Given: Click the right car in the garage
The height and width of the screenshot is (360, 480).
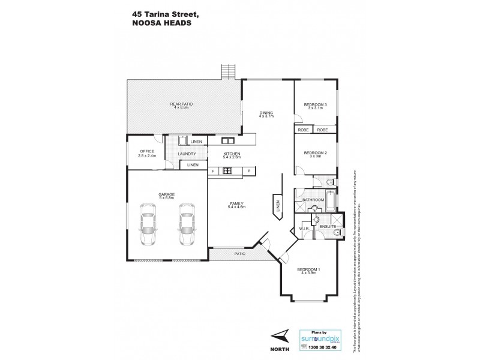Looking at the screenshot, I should (x=187, y=224).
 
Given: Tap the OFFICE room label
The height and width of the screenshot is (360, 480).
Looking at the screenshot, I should (x=147, y=151).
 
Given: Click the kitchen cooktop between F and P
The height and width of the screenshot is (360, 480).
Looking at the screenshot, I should (x=228, y=171).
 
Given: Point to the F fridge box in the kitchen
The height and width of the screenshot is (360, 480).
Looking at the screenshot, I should (x=212, y=171).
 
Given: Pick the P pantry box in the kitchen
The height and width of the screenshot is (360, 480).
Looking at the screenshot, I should (x=248, y=171).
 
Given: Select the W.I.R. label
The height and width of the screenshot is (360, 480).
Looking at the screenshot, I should (x=304, y=229).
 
